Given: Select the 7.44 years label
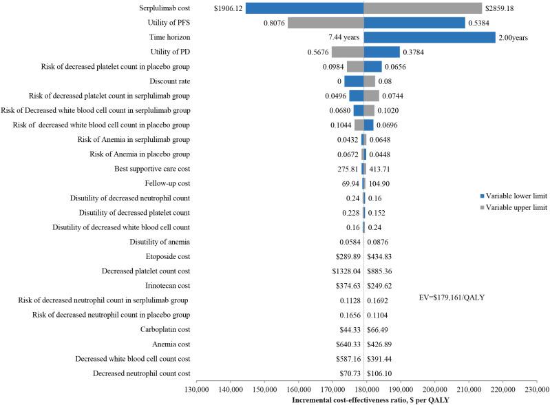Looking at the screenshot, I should tap(343, 37).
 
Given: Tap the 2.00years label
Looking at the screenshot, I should tap(513, 38).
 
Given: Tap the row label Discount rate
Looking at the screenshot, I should tap(167, 81).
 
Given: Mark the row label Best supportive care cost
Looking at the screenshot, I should tap(152, 168).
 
